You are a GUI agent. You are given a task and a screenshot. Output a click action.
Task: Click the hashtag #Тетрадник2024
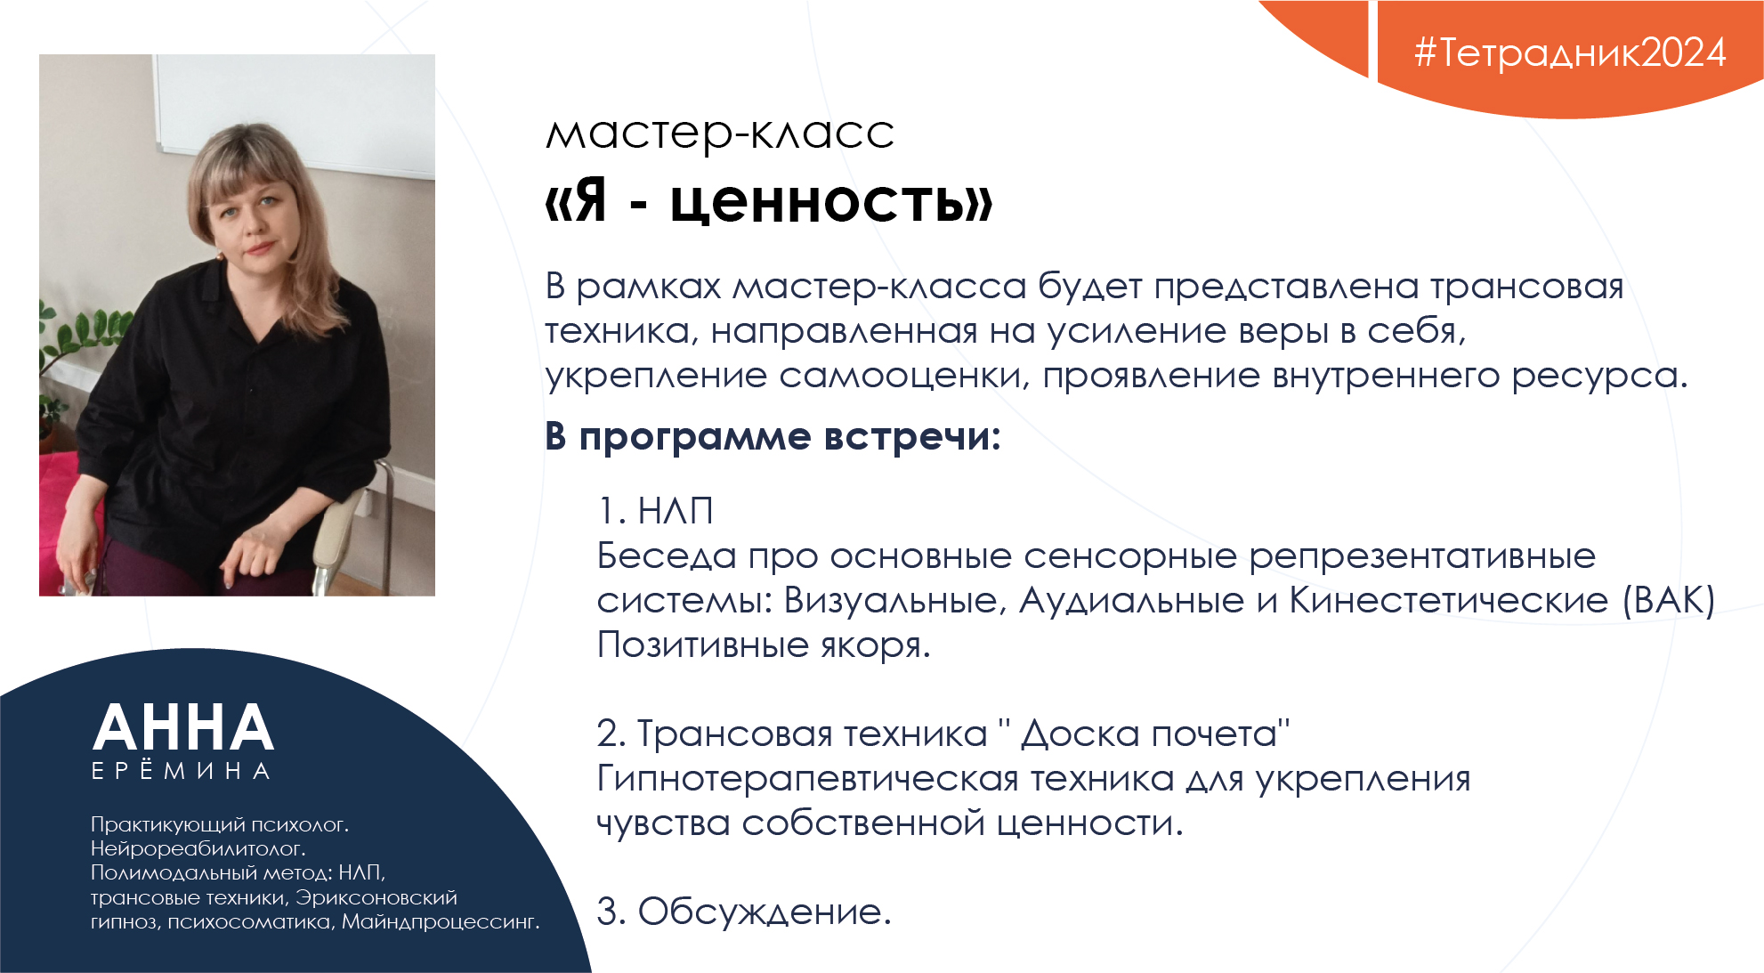(1570, 53)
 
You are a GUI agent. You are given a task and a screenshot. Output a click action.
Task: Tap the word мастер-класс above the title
(719, 134)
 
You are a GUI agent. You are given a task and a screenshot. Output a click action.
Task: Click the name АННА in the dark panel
(183, 728)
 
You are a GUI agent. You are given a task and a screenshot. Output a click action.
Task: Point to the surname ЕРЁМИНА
(181, 770)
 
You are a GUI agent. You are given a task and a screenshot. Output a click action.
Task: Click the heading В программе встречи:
(773, 437)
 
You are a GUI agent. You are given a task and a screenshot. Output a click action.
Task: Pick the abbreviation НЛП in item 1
(676, 511)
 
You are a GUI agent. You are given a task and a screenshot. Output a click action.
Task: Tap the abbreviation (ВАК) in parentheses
(1669, 601)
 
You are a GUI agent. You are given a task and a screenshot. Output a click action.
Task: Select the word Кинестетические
(1449, 601)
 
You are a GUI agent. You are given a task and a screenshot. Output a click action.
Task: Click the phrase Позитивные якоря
(763, 645)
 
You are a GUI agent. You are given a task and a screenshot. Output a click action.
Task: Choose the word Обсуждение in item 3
(764, 912)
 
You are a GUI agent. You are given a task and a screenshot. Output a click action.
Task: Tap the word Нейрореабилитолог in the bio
(198, 849)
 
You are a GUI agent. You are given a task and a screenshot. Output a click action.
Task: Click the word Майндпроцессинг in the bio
(440, 922)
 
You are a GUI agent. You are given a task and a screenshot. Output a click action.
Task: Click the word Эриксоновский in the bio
(376, 898)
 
